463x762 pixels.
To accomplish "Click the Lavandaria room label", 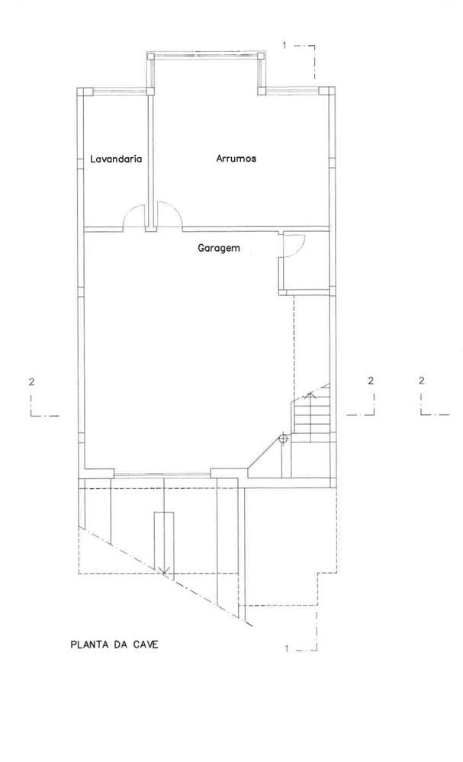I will [116, 159].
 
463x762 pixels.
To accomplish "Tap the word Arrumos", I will [236, 159].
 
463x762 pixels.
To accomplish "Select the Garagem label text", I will [219, 248].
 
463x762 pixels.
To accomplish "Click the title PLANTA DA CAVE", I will [114, 644].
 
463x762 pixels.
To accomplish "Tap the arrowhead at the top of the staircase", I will [310, 394].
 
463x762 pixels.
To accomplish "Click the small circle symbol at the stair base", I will [282, 439].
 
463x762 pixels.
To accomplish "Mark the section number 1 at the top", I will [285, 46].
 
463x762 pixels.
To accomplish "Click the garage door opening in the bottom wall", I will [162, 474].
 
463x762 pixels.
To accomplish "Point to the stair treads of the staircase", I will [312, 420].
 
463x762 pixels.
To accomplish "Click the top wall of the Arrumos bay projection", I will [206, 55].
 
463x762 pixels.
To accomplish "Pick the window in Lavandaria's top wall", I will [114, 91].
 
